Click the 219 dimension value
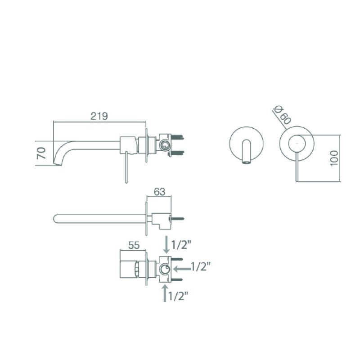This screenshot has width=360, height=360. click(x=99, y=116)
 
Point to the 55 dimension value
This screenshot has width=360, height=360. click(x=134, y=245)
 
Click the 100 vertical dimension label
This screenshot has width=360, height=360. click(x=333, y=158)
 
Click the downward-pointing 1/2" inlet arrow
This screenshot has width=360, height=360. click(x=167, y=245)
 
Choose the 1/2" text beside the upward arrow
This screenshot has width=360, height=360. click(x=179, y=296)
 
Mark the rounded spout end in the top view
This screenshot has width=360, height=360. click(x=56, y=219)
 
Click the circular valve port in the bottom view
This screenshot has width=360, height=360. click(x=165, y=269)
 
